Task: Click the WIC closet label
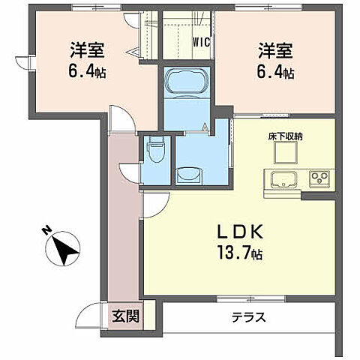coord(201,42)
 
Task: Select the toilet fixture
coord(156,150)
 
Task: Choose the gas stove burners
coord(319,180)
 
